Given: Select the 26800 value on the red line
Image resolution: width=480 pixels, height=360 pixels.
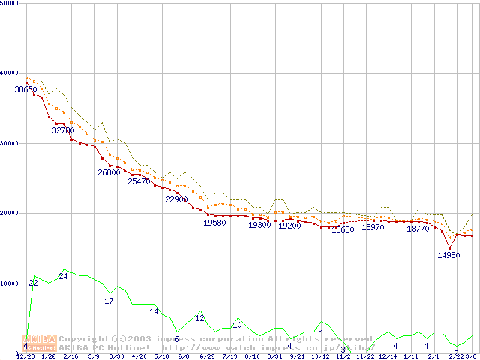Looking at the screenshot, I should point(109,172).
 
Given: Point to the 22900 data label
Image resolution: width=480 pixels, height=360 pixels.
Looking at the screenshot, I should point(176,199).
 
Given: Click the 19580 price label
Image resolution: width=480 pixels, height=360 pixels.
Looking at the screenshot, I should point(214,223).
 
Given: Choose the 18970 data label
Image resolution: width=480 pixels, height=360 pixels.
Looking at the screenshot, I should point(373,227).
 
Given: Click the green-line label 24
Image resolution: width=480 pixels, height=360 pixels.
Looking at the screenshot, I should point(63,276).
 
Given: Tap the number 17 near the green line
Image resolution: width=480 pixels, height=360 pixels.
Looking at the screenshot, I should point(109,301).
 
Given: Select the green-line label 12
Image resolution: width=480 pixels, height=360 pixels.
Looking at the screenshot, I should point(199,318).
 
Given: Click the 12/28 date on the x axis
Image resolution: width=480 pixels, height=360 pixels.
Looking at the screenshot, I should point(25,356).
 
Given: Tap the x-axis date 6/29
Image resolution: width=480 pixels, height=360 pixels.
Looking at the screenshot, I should point(207,356).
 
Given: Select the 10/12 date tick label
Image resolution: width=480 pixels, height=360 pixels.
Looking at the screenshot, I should point(320,356).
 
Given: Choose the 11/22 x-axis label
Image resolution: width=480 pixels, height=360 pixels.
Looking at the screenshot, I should point(365,356).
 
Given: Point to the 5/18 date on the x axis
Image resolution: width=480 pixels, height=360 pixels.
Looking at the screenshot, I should point(161,356).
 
